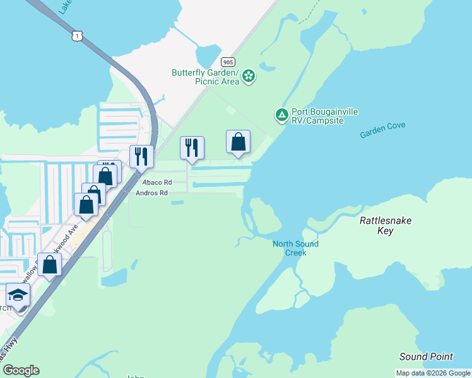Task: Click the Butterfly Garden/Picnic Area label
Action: coord(206,77)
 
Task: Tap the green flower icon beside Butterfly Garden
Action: coord(249,77)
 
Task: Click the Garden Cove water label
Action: coord(382,130)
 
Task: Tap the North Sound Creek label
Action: coord(295,248)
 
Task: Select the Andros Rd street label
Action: coord(151,193)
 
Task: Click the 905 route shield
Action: coord(228,62)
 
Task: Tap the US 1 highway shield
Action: coord(77,37)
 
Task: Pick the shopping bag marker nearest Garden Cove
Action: coord(239,142)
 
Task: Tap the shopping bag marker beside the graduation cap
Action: coord(50,265)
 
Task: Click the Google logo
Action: coord(21,370)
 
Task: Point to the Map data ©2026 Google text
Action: coord(434,373)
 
